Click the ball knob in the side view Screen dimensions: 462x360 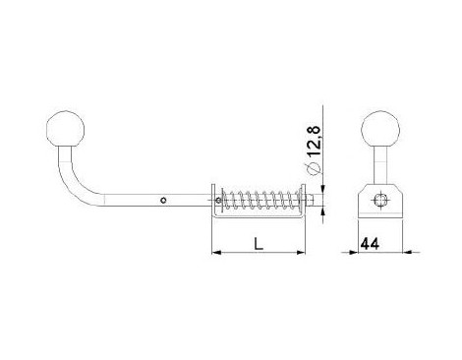65,129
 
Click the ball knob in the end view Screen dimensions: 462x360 380,129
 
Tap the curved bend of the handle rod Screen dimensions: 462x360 78,184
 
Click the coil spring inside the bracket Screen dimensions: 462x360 260,201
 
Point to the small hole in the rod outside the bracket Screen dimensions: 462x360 163,200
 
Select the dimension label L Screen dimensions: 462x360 259,244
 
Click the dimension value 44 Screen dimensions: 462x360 370,244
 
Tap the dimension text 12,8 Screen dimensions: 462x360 314,142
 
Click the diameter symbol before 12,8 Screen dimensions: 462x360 314,168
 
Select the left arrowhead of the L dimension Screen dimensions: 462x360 216,252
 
